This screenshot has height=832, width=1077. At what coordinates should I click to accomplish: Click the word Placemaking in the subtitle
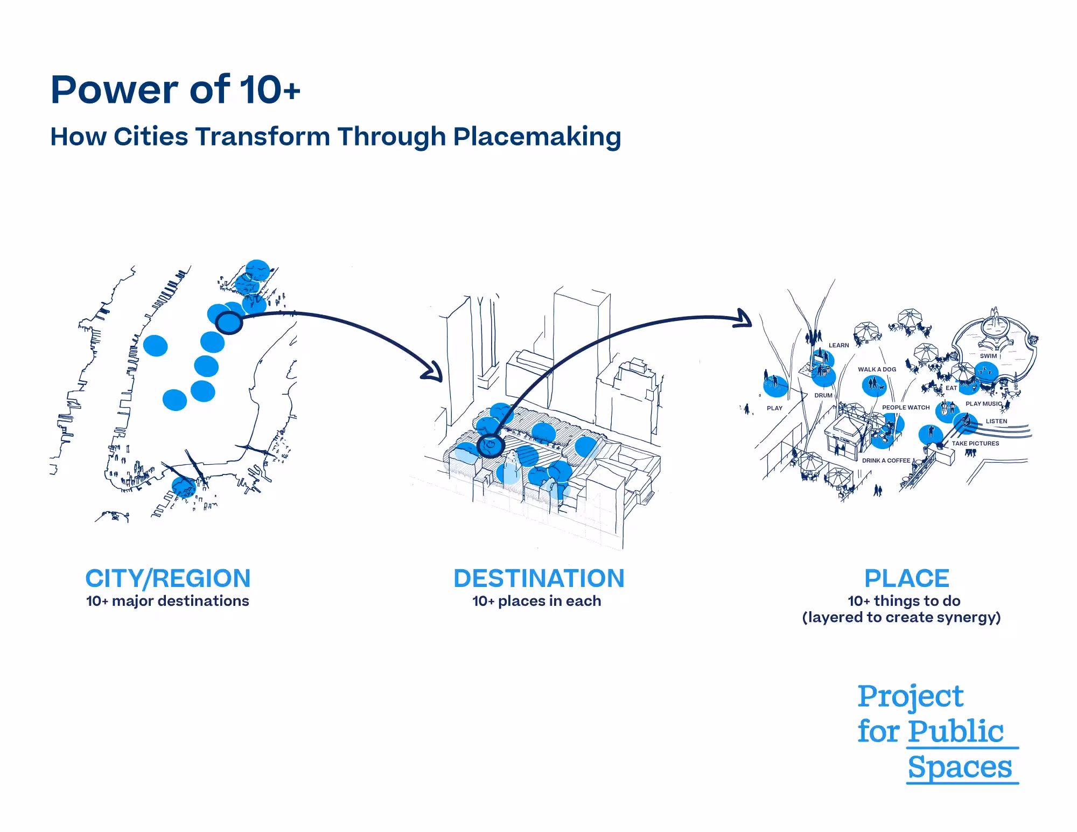coord(537,137)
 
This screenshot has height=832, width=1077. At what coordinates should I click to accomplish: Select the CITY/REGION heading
coord(168,578)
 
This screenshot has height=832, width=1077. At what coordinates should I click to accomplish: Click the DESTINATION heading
coord(538,578)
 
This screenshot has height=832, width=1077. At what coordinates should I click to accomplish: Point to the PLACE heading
coord(907,578)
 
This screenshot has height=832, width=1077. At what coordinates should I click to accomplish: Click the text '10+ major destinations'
coord(167,601)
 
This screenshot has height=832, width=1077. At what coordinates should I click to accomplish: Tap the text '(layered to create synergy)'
coord(901,617)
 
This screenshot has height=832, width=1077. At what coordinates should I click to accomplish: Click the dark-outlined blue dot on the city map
coord(229,323)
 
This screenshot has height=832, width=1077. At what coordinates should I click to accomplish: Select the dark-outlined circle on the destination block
coord(491,445)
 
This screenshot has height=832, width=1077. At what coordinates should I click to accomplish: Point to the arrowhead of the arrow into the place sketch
coord(745,318)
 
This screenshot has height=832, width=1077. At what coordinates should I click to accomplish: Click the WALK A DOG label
coord(877,369)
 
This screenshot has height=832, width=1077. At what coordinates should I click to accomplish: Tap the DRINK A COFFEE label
coord(886,460)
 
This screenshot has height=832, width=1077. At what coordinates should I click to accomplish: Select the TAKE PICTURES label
coord(975,444)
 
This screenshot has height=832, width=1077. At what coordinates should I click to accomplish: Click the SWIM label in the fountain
coord(988,356)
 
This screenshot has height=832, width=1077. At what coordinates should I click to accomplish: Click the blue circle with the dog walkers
coord(873,386)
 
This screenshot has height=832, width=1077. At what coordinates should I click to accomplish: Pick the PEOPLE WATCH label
coord(906,408)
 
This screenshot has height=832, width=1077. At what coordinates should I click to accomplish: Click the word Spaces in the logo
coord(960,767)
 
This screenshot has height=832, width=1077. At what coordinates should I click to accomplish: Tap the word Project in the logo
coord(910,697)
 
